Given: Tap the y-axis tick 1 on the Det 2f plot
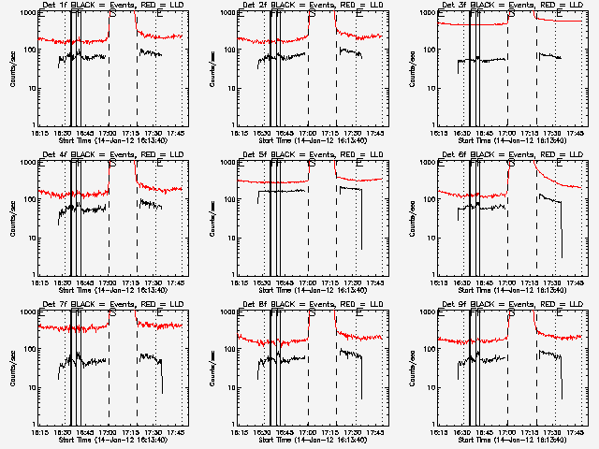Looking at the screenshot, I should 230,124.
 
